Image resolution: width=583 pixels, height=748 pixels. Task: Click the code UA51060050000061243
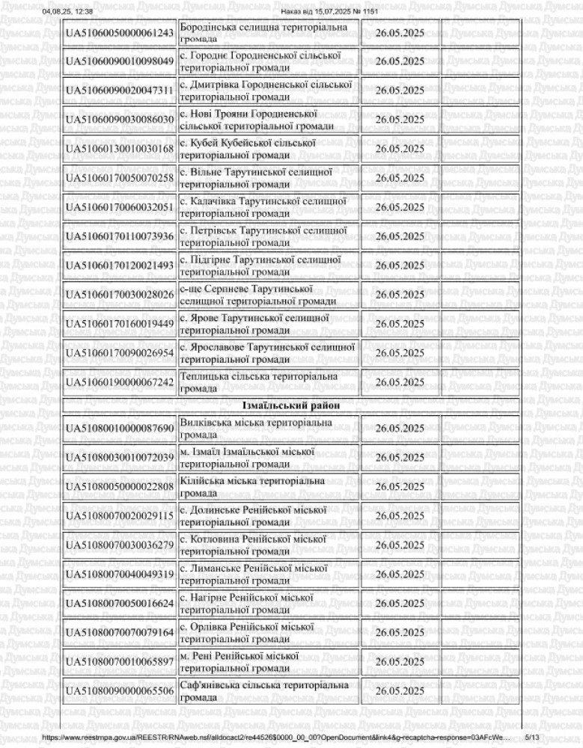pos(120,33)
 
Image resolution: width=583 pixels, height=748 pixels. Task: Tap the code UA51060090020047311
pos(120,91)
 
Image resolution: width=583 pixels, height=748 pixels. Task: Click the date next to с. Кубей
pos(399,149)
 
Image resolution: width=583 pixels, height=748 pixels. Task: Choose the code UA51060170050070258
pos(120,178)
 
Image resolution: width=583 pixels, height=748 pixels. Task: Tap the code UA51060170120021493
pos(120,266)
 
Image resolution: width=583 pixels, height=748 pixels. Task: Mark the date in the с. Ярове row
pos(399,324)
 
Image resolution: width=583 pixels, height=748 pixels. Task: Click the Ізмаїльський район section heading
pos(292,405)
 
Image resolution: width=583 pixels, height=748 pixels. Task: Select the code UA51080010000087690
pos(120,429)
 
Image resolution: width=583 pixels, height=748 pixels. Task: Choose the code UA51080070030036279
pos(120,545)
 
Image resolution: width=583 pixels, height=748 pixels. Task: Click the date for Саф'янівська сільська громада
pos(399,691)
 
